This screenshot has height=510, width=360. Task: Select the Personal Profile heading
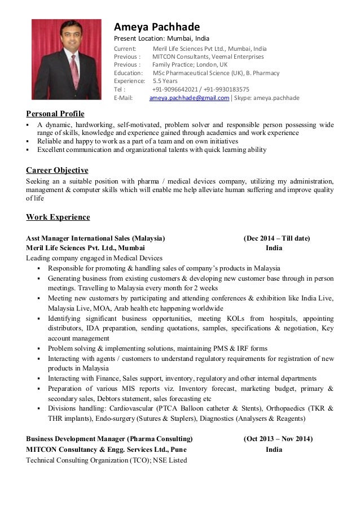point(55,114)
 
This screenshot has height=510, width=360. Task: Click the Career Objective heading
point(57,170)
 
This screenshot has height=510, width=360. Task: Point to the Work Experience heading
point(58,217)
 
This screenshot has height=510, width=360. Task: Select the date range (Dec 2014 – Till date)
point(276,238)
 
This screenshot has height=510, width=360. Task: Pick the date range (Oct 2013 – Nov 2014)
point(278,439)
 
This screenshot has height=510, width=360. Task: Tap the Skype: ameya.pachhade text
point(267,98)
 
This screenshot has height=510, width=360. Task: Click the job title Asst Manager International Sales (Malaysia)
point(96,238)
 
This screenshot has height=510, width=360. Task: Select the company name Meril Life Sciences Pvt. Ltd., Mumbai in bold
point(85,248)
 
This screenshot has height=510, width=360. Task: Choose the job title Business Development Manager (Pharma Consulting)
point(109,439)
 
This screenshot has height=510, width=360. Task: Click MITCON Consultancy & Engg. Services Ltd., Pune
point(106,450)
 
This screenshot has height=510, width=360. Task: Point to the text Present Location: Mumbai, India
point(161,38)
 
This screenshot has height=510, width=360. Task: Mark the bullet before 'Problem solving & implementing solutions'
point(38,348)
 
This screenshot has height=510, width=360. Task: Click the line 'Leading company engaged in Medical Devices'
point(94,258)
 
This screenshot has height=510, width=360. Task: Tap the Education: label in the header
point(128,73)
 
